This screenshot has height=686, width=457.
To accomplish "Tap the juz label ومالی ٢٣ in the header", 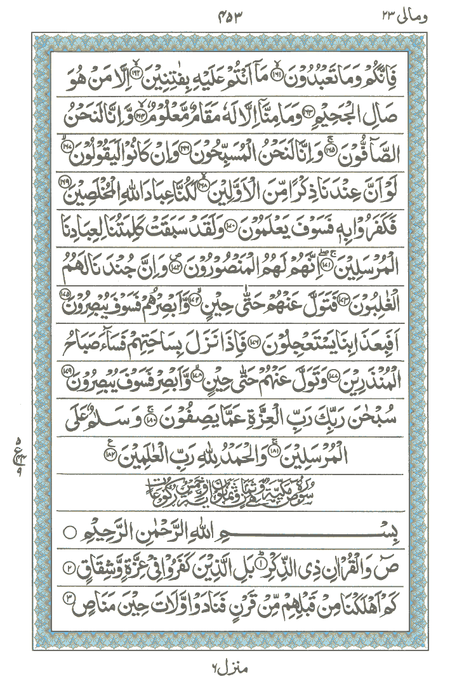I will point(406,15).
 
